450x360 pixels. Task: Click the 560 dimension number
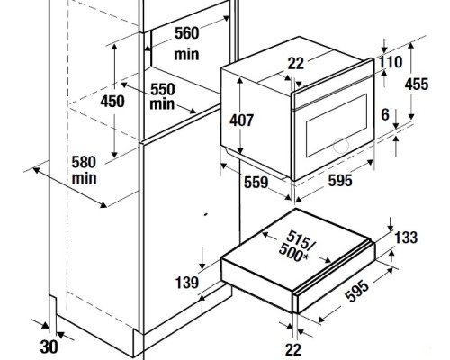[x=186, y=33]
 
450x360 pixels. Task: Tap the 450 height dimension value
[x=112, y=101]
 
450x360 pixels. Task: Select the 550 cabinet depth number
[x=163, y=89]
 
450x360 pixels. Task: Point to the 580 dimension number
[x=84, y=162]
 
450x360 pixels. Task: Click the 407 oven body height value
[x=242, y=121]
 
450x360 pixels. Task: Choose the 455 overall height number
[x=417, y=84]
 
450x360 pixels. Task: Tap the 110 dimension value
[x=391, y=62]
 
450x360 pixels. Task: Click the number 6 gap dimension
[x=385, y=114]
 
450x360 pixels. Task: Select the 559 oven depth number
[x=256, y=183]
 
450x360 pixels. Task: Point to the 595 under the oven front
[x=340, y=181]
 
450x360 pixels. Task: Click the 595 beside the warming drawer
[x=357, y=291]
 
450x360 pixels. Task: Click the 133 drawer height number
[x=406, y=238]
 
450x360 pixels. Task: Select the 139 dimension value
[x=187, y=283]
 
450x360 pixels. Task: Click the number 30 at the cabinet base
[x=49, y=346]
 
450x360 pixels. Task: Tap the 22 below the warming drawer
[x=293, y=350]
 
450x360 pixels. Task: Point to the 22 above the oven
[x=296, y=64]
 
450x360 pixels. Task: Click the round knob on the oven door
[x=341, y=145]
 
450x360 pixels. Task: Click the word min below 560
[x=186, y=55]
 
